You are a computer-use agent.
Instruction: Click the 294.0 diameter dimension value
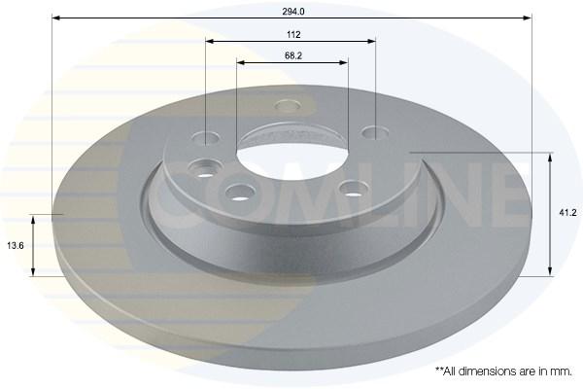(293, 12)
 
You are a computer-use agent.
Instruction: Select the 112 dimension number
(293, 35)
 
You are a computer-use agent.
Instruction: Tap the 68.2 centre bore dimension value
(293, 55)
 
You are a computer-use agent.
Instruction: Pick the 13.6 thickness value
(16, 246)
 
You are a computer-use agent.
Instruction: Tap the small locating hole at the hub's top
(288, 105)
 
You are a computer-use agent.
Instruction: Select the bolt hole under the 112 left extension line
(206, 138)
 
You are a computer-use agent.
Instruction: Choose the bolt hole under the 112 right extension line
(375, 132)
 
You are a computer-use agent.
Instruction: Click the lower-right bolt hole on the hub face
(355, 189)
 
